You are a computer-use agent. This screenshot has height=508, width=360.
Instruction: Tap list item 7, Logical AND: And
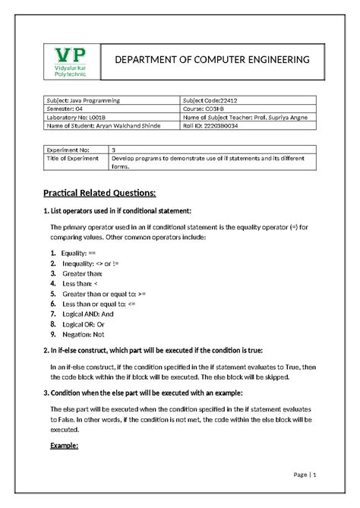pyautogui.click(x=87, y=313)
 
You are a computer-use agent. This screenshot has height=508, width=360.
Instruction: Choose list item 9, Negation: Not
pyautogui.click(x=83, y=333)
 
